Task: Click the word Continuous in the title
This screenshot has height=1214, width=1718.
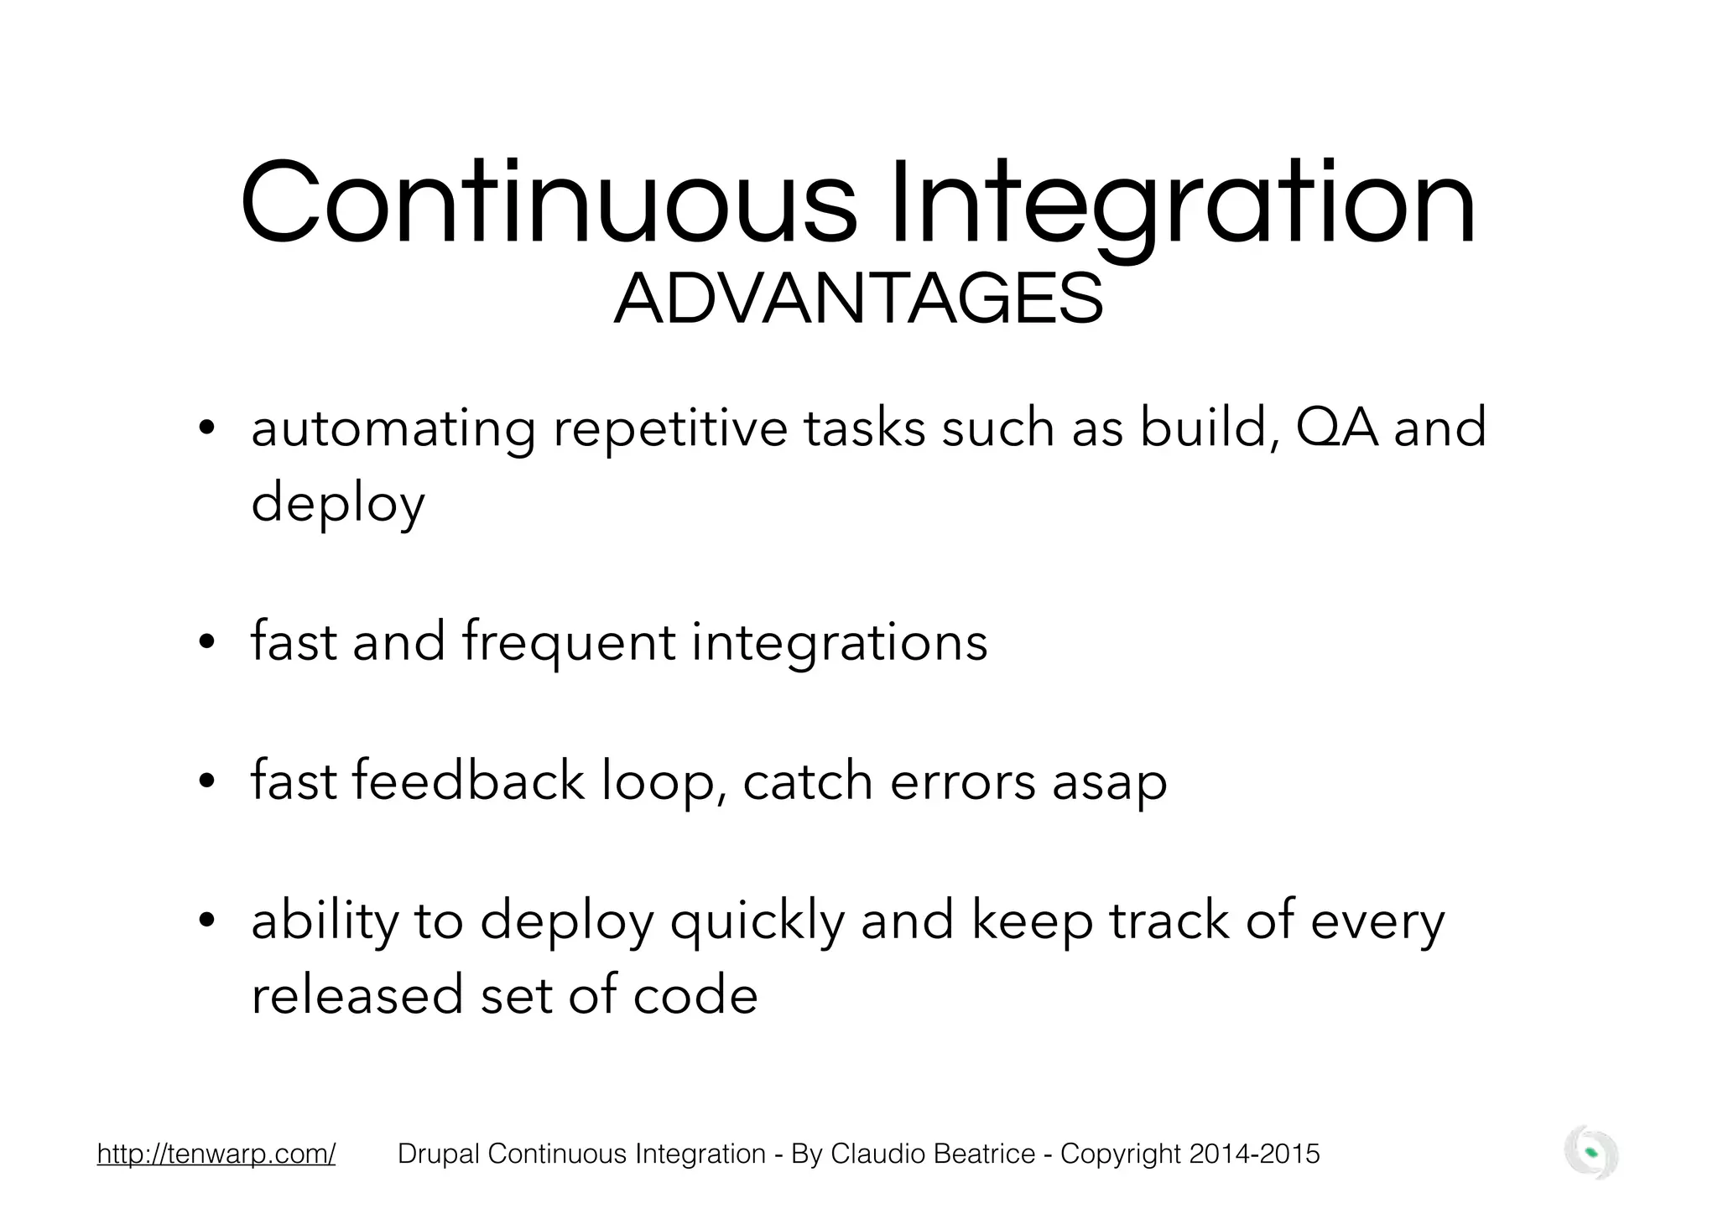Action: [549, 204]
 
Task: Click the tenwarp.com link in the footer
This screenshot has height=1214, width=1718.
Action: [216, 1154]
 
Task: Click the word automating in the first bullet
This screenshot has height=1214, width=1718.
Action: [393, 428]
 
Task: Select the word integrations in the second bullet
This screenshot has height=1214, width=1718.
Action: [839, 643]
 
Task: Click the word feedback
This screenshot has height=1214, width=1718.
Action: [467, 781]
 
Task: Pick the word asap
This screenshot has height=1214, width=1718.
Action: [1109, 782]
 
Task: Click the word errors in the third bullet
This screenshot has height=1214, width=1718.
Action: [963, 782]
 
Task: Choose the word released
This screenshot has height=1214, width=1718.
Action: [357, 994]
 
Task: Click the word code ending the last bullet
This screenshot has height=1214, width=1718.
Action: [695, 994]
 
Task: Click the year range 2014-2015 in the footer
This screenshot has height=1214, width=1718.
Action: [1254, 1154]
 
